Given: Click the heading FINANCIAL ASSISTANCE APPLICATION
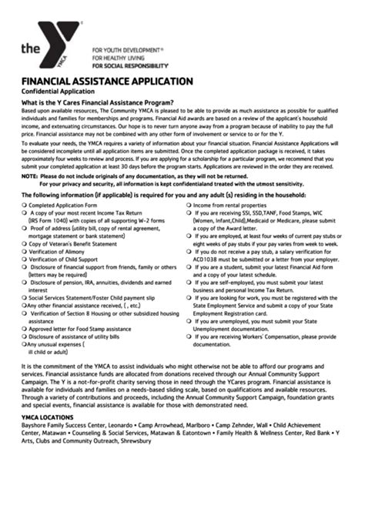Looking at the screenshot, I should pyautogui.click(x=106, y=81).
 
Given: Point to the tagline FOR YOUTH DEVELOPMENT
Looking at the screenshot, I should pyautogui.click(x=127, y=48).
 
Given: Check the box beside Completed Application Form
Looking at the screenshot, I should pyautogui.click(x=24, y=206).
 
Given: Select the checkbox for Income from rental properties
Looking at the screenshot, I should pyautogui.click(x=189, y=206).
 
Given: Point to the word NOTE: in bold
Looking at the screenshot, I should pyautogui.click(x=29, y=176).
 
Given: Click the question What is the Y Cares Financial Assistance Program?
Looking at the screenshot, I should pyautogui.click(x=97, y=102).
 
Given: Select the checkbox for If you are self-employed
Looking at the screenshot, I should pyautogui.click(x=189, y=283).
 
